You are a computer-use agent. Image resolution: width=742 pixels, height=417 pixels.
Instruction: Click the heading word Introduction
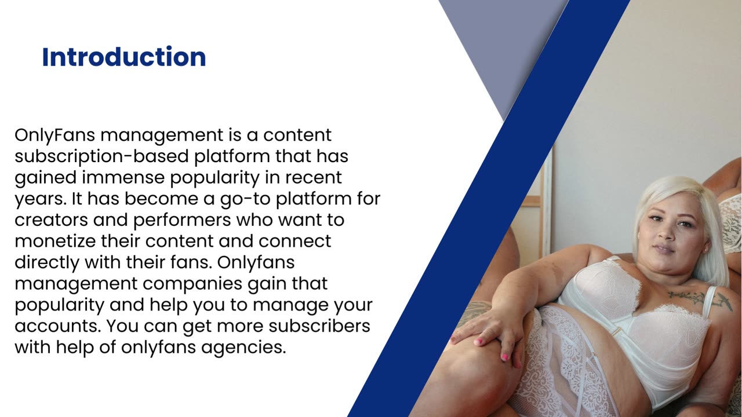pyautogui.click(x=124, y=57)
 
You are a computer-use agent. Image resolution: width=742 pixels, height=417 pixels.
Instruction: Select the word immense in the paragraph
pyautogui.click(x=123, y=177)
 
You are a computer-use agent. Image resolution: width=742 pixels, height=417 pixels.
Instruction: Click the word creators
pyautogui.click(x=52, y=220)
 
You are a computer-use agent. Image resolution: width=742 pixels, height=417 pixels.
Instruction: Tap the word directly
pyautogui.click(x=47, y=263)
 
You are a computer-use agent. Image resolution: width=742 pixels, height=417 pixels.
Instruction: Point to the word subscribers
pyautogui.click(x=319, y=325)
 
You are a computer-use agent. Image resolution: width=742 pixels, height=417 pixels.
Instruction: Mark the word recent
pyautogui.click(x=314, y=178)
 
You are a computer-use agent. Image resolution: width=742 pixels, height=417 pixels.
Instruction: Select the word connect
pyautogui.click(x=294, y=242)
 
